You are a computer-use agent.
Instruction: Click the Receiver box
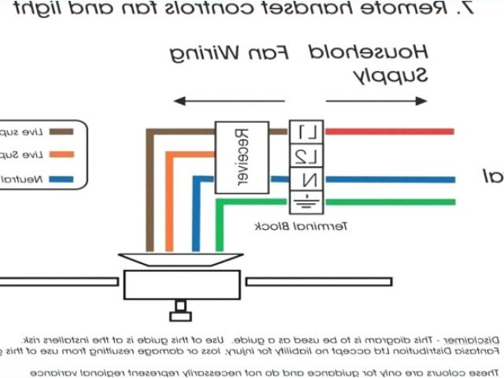[x=240, y=157]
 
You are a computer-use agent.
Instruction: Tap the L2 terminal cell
[x=306, y=156]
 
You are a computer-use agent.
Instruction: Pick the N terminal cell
[x=306, y=180]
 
